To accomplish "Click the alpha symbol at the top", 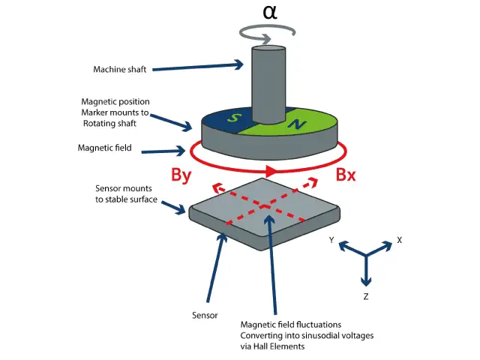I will click(x=271, y=13).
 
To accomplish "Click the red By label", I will click(x=185, y=175).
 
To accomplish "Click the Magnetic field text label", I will click(x=105, y=148).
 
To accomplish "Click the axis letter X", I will click(x=400, y=240).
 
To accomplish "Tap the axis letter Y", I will click(x=331, y=240).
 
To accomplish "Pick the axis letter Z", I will click(x=365, y=296).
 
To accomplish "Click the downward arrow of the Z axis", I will click(x=365, y=277).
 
